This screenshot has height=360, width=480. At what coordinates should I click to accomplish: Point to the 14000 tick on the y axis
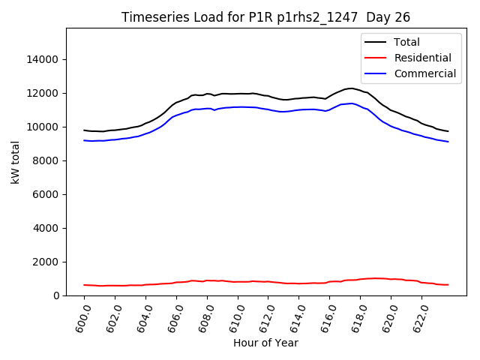tap(43, 59)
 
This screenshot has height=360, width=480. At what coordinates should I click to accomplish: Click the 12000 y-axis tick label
tap(43, 93)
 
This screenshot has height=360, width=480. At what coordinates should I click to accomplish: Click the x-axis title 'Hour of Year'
tap(266, 343)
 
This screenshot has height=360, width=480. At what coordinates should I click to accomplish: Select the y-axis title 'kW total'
tap(15, 162)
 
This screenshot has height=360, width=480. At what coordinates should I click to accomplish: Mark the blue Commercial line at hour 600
tap(84, 140)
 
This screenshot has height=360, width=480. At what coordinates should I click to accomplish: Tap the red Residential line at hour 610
tap(238, 281)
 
